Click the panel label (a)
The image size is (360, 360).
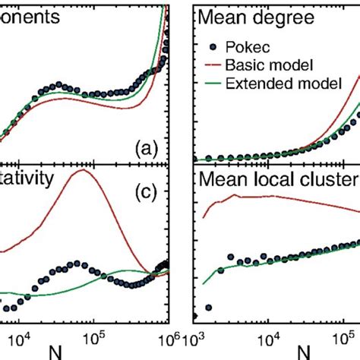pyautogui.click(x=144, y=150)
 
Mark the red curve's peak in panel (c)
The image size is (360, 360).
pyautogui.click(x=81, y=170)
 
